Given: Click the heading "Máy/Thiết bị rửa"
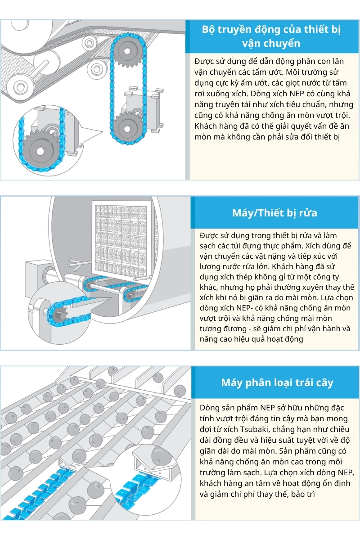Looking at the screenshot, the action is pos(274,213).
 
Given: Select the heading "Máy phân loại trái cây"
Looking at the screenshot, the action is pos(277,383).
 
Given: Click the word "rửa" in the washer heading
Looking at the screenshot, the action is pos(308,213).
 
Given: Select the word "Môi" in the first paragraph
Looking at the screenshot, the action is pos(293,72).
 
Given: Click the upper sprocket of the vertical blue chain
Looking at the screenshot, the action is pos(127,51).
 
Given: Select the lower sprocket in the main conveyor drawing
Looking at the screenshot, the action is pos(127,128).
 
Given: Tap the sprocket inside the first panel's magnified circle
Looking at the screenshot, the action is pos(40,151).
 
